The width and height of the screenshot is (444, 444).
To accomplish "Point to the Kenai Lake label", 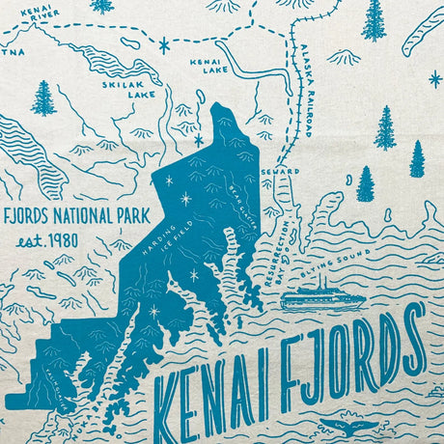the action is point(208,65).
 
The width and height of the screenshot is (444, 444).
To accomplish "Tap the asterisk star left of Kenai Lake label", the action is point(164,44).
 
